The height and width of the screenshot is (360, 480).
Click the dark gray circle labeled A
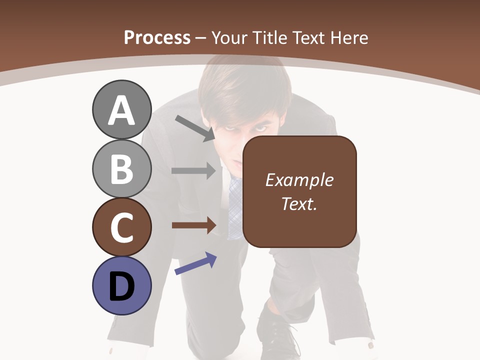121,109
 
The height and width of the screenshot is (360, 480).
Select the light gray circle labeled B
121,168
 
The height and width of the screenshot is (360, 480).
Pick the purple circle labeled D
121,285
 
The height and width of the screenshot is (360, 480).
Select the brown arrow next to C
193,225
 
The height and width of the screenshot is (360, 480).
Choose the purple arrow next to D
195,263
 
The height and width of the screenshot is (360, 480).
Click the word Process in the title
157,37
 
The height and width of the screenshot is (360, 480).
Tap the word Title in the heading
269,37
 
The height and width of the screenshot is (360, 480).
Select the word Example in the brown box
299,180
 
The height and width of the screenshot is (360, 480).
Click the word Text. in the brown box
299,203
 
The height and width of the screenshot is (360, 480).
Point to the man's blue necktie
234,205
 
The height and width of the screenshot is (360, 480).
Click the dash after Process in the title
201,38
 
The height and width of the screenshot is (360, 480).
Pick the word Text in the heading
305,37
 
